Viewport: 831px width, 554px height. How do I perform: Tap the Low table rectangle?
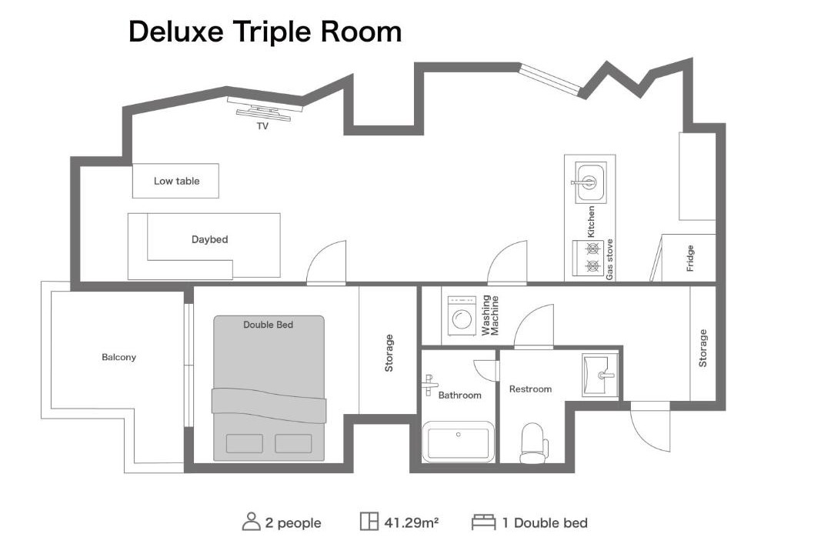point(175,181)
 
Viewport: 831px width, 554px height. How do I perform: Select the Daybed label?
point(210,239)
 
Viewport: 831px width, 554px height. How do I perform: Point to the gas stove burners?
point(589,257)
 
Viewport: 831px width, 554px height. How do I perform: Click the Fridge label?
point(690,259)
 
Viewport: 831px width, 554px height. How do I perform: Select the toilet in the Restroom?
point(534,443)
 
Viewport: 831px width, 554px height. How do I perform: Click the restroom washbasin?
point(600,375)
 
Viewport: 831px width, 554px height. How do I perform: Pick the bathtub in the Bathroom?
point(459,441)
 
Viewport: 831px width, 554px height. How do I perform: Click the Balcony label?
point(118,357)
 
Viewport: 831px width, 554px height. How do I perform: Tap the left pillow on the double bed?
point(245,444)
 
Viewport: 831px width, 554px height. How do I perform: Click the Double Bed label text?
point(269,325)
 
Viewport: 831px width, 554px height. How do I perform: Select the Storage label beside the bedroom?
point(389,353)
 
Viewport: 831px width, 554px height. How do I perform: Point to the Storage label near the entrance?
point(703,349)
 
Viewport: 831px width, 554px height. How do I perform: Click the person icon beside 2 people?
point(251,522)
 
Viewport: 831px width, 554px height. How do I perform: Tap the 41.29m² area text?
point(411,522)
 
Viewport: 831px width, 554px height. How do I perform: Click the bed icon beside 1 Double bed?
point(483,522)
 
